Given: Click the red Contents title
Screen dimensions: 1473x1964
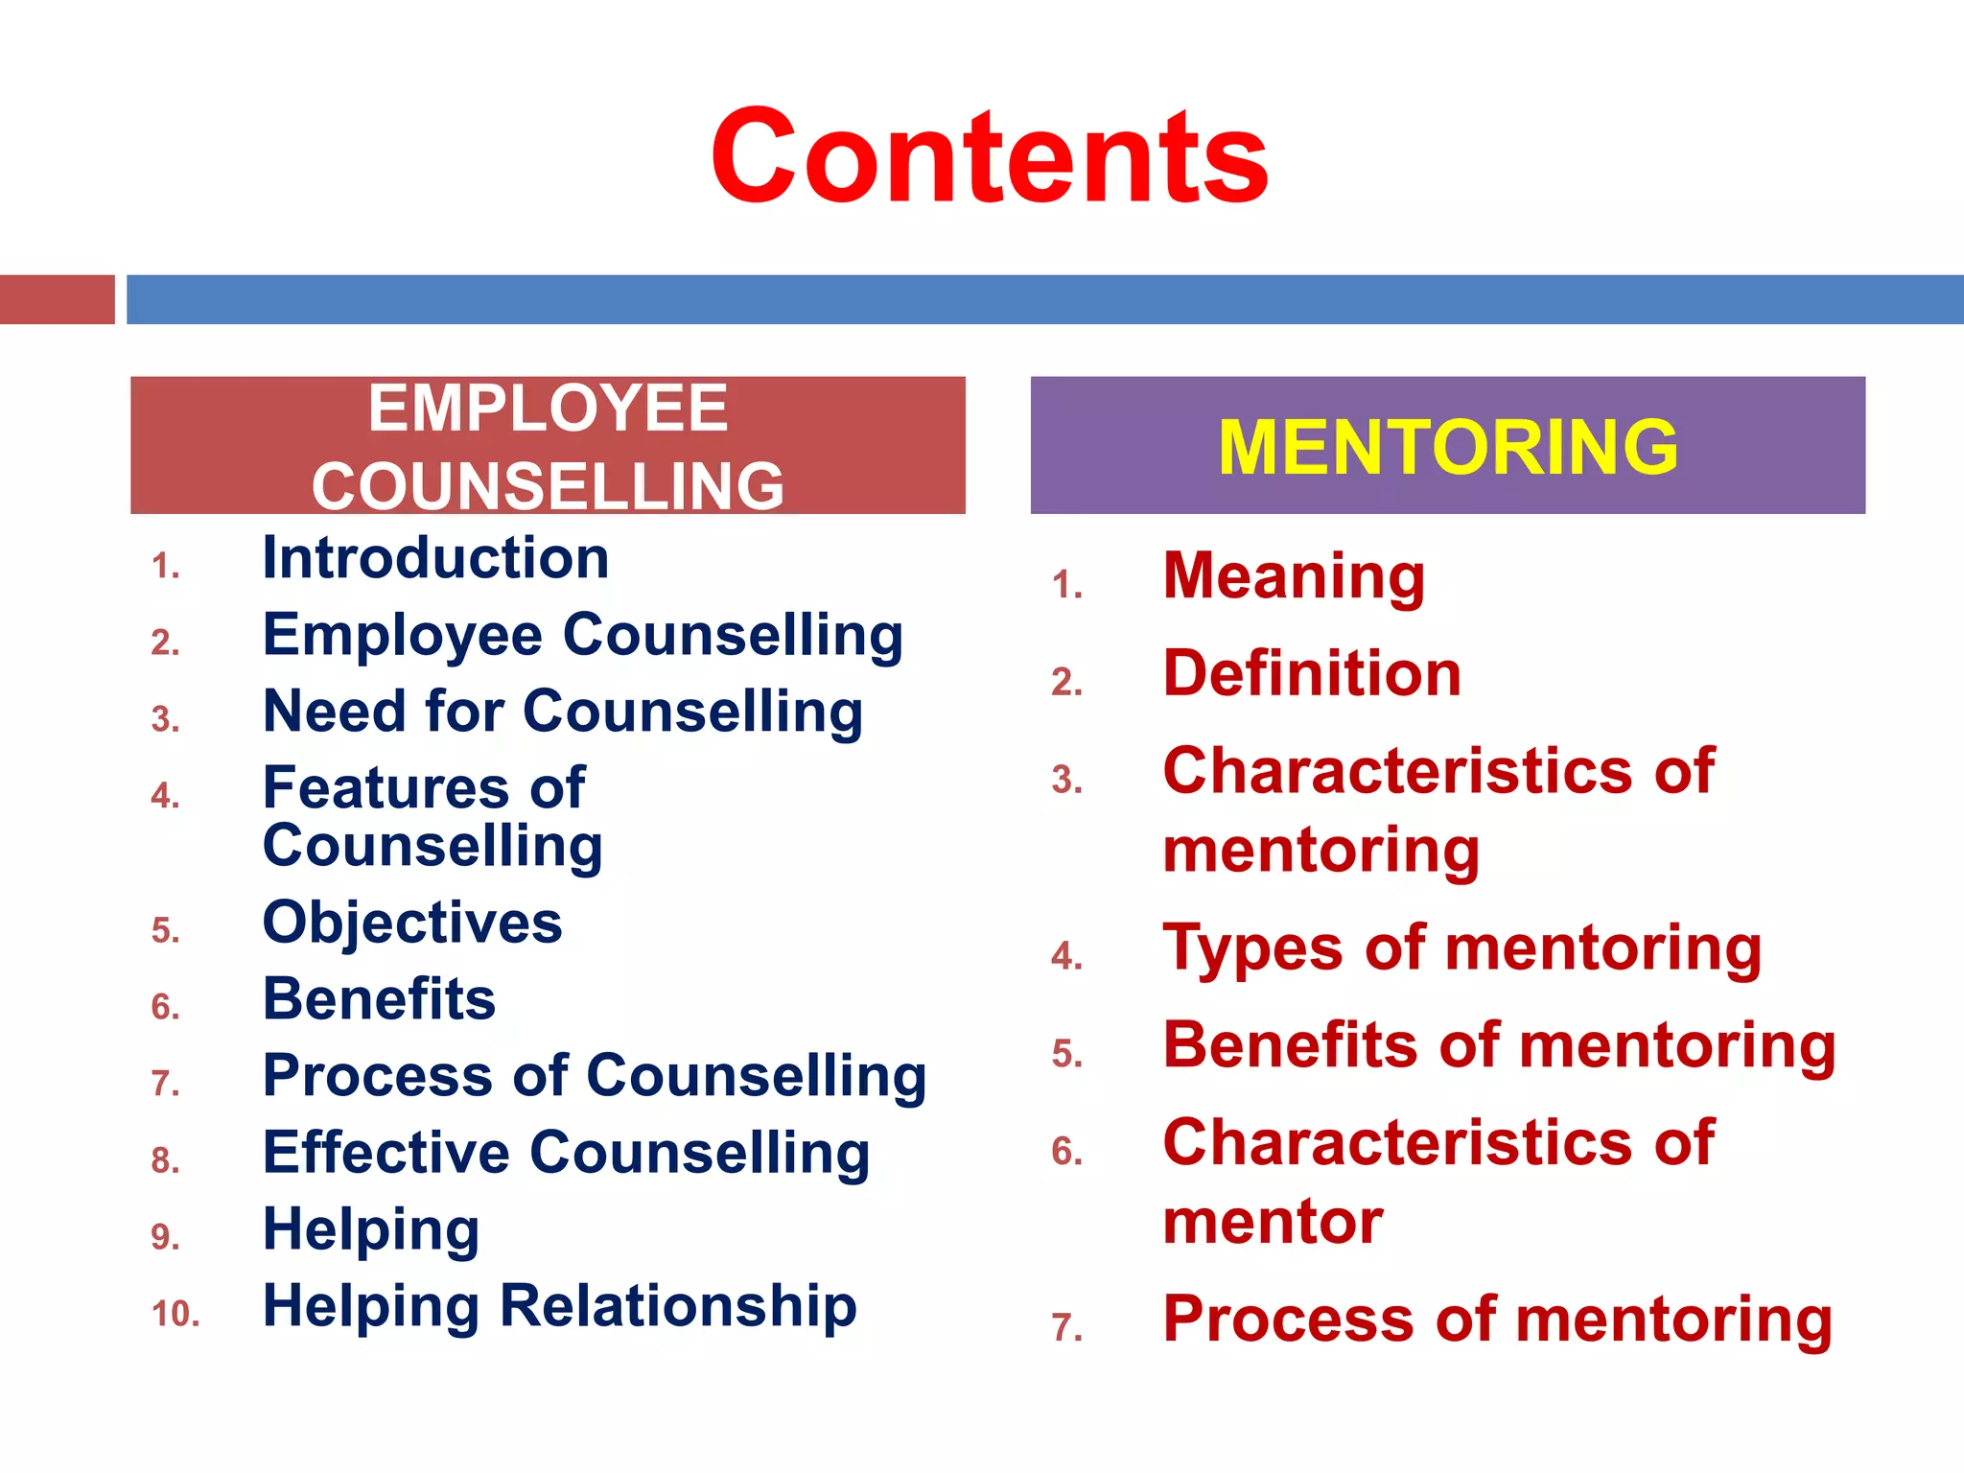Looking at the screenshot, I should pos(990,157).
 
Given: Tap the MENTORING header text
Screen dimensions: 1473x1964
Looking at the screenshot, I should pos(1448,447).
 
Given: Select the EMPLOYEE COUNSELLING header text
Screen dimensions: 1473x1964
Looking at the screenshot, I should pos(548,447).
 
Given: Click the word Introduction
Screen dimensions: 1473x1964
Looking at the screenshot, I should pos(435,558).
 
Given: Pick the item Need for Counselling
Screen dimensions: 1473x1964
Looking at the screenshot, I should pos(563,712).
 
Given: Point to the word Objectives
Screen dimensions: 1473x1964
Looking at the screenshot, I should pos(412,923).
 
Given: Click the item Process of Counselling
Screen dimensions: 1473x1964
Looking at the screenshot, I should pos(595,1076).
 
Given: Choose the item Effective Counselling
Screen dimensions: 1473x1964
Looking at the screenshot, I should pos(566,1153).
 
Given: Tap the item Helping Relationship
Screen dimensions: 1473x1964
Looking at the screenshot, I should pos(560,1306).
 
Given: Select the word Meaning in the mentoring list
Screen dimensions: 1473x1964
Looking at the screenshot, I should pos(1294,576).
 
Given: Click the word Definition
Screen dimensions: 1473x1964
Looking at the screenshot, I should pos(1312,673).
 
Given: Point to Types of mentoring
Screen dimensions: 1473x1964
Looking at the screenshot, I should pos(1462,948).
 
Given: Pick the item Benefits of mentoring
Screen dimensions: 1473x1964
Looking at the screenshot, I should pos(1499,1045).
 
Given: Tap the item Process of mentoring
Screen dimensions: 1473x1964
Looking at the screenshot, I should pos(1498,1320).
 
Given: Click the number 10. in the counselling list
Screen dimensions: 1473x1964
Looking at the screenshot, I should pos(175,1314).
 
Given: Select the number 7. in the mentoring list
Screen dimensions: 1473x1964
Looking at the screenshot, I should pos(1066,1328).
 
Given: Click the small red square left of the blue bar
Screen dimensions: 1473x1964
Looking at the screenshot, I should pos(57,299).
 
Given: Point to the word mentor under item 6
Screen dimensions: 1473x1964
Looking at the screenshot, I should pos(1273,1222).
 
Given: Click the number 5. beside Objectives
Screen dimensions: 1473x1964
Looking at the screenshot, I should pos(165,930).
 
